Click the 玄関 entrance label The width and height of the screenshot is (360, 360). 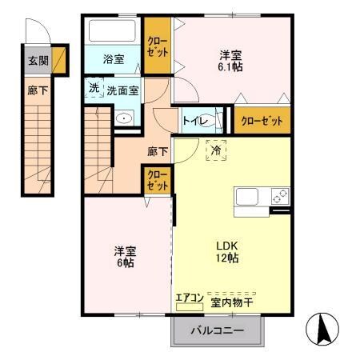(x=38, y=60)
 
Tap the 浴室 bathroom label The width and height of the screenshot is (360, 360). (x=114, y=59)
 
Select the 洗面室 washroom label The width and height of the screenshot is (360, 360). (x=123, y=90)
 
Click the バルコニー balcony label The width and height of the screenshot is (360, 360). (x=216, y=330)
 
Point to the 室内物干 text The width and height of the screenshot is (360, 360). (x=232, y=302)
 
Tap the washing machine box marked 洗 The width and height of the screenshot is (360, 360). (x=94, y=88)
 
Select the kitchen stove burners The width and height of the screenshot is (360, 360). (x=280, y=194)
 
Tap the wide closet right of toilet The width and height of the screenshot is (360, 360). (x=262, y=122)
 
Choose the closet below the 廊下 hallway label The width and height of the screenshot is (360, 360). (x=157, y=178)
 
